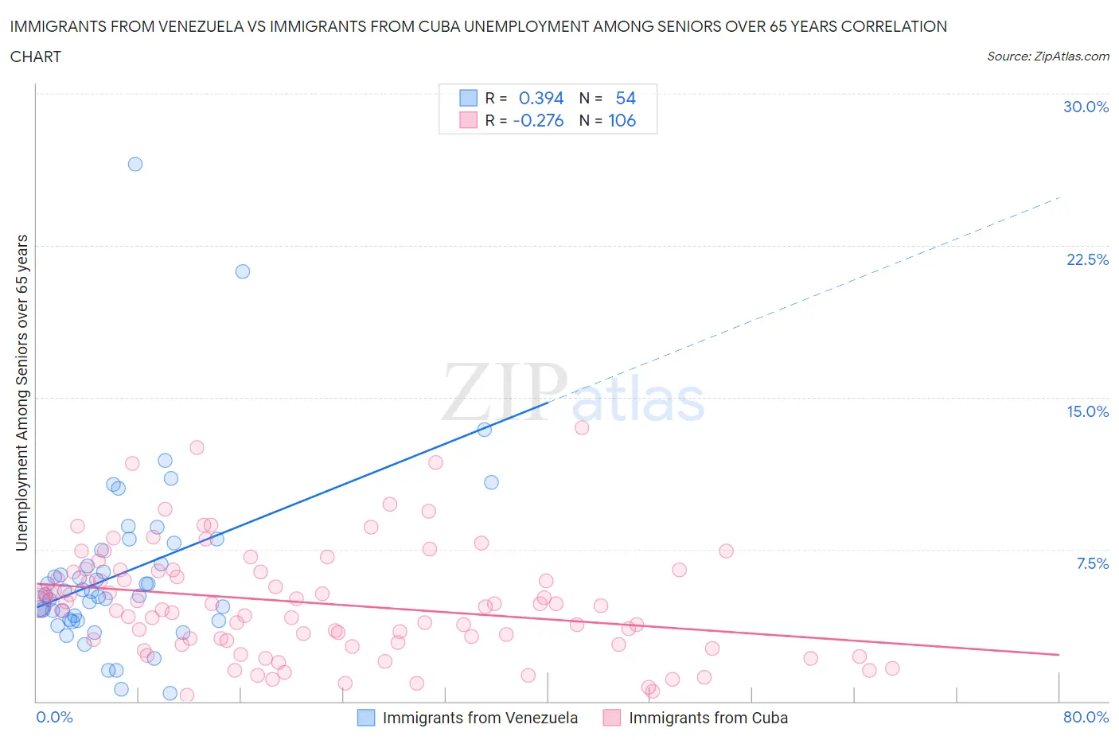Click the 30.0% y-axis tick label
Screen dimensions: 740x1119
(1086, 107)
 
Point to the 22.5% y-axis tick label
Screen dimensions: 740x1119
(1087, 259)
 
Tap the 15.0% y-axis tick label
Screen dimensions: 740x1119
(1087, 411)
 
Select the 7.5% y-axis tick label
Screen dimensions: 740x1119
(1092, 563)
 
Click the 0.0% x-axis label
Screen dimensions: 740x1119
(54, 717)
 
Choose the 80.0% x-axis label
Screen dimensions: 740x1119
(1086, 717)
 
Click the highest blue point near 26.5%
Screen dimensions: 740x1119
(135, 164)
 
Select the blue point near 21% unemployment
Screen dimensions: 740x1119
(243, 271)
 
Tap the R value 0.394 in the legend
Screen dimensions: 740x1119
(541, 98)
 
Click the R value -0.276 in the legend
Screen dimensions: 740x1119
(538, 120)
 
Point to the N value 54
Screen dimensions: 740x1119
(626, 98)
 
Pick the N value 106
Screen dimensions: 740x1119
(622, 120)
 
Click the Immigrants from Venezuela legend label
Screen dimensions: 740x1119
(480, 718)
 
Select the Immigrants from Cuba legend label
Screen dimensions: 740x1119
(708, 718)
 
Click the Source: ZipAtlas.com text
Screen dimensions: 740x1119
(1047, 56)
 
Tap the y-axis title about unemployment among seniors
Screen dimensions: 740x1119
(22, 392)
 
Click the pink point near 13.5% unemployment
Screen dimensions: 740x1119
(582, 427)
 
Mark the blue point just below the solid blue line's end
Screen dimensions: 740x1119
(484, 429)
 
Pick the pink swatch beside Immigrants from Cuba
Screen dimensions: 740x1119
(611, 718)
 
